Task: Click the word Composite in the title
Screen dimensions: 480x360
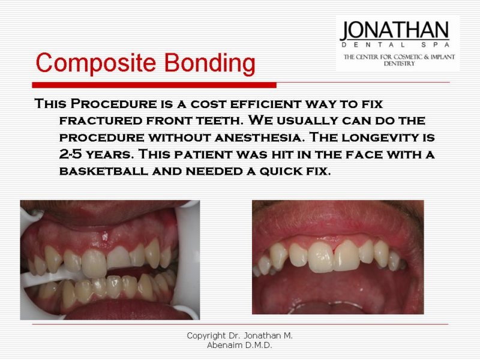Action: coord(96,64)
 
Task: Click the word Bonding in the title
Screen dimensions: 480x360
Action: coord(209,64)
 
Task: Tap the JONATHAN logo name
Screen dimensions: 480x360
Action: coord(395,31)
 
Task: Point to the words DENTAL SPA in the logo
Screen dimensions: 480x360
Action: coord(395,44)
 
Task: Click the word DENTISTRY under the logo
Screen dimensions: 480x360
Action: coord(399,64)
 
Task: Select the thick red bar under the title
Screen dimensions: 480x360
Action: coord(154,85)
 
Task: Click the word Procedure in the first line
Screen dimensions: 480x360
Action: coord(113,103)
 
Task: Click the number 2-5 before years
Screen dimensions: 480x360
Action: coord(71,154)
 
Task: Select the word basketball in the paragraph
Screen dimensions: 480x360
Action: coord(103,171)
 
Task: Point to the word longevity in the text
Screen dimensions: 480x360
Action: coord(380,137)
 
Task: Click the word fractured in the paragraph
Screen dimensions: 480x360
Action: coord(101,121)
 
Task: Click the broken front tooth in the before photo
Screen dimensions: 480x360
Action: coord(118,257)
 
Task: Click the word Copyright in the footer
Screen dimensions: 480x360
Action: coord(206,336)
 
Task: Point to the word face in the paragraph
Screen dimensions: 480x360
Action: coord(364,154)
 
